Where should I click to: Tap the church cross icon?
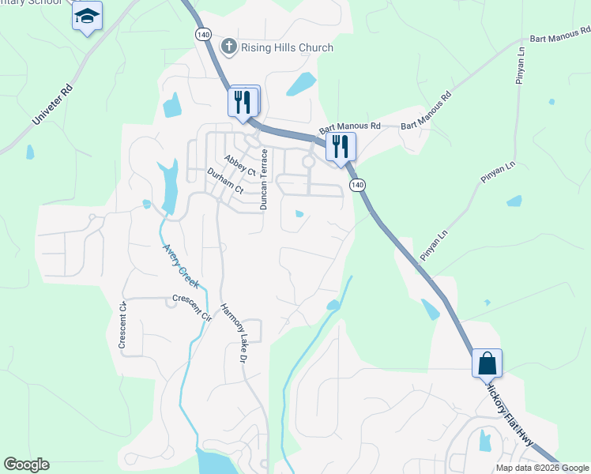tap(229, 47)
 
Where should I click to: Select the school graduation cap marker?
tap(87, 16)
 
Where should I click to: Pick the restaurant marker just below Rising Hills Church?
tap(244, 101)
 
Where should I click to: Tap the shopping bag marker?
tap(487, 364)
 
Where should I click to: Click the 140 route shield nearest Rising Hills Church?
tap(203, 35)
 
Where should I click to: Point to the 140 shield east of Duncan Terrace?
tap(358, 184)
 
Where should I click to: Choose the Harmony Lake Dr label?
tap(235, 333)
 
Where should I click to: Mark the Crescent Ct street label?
tap(122, 325)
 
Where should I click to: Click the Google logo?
tap(26, 465)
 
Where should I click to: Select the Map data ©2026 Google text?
tap(543, 468)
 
